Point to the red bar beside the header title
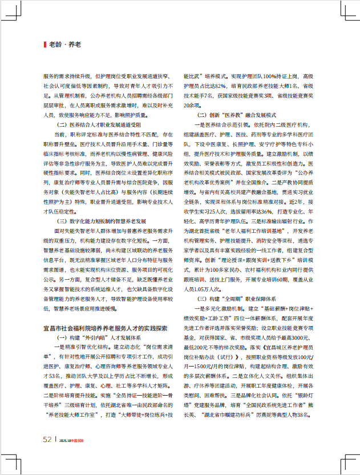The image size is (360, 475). [x=45, y=44]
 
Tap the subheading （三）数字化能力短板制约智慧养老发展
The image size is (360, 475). [x=106, y=219]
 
